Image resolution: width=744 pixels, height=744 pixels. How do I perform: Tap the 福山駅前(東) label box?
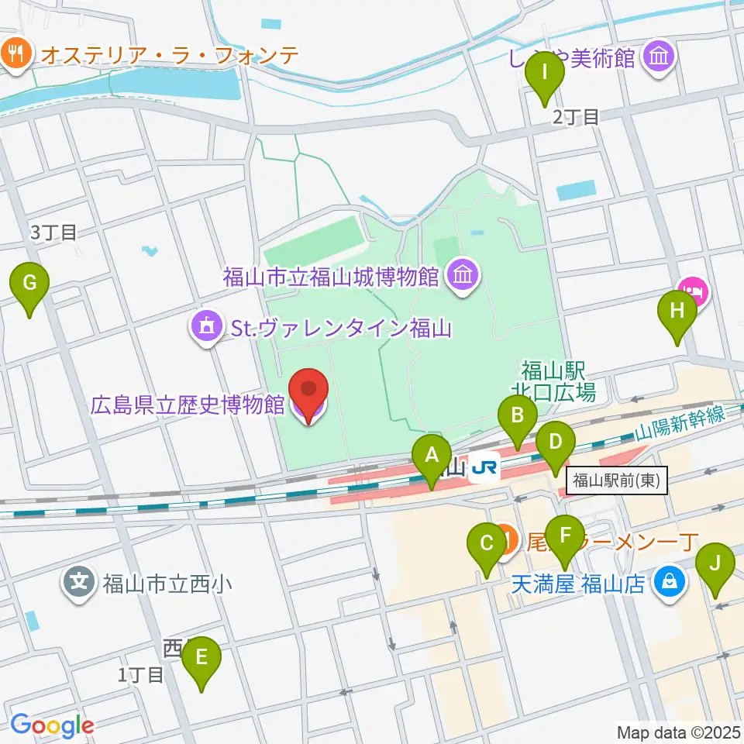616,480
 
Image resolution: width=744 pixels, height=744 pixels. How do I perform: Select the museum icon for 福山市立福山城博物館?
463,275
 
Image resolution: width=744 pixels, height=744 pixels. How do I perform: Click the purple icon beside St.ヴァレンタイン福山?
206,329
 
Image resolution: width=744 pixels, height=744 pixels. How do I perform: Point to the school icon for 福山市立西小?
81,582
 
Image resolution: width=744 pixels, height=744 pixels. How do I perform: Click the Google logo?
52,725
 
